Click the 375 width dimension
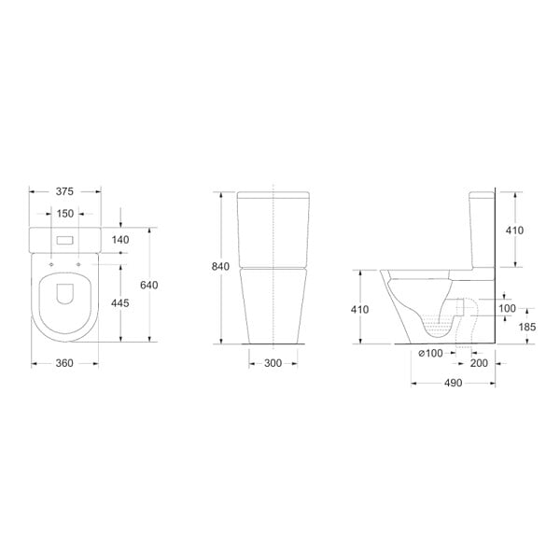(64, 191)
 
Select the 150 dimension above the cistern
(65, 214)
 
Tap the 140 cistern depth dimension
(120, 240)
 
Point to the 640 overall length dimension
(149, 285)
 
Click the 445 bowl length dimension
(120, 302)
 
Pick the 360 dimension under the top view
(64, 363)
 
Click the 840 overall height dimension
(220, 266)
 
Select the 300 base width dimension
(273, 363)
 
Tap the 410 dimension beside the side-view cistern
(514, 231)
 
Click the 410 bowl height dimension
(359, 309)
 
